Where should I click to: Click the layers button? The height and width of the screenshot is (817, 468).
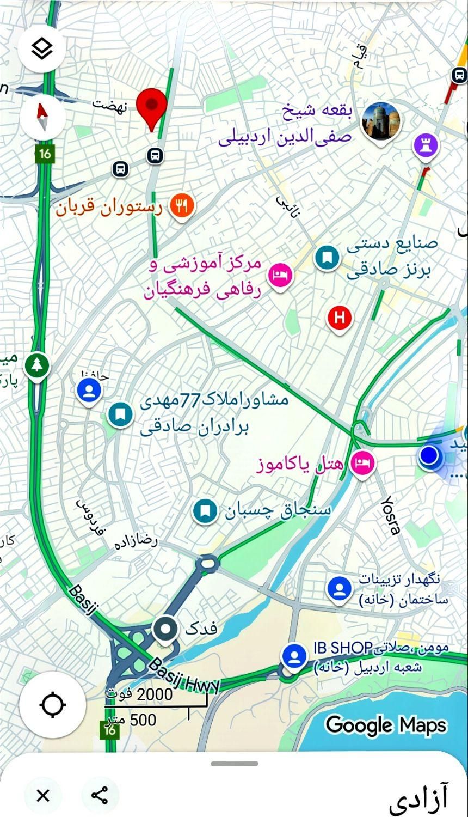click(42, 49)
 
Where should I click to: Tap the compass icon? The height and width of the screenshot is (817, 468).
click(42, 119)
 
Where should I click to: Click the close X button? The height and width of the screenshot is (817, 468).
click(42, 796)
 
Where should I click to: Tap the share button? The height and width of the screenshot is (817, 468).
click(100, 796)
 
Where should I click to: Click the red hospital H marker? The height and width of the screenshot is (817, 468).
click(340, 317)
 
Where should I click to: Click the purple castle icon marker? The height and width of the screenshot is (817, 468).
click(426, 146)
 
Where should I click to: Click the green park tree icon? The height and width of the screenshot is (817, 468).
click(36, 365)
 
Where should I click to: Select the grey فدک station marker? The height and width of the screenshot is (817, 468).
click(165, 630)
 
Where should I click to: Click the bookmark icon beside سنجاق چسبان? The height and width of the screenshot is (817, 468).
click(205, 511)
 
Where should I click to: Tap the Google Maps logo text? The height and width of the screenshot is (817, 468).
click(386, 725)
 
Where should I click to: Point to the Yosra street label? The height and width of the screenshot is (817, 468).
click(390, 515)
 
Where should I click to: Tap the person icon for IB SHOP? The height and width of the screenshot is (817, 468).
click(295, 655)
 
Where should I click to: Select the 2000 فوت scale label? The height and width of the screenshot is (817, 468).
click(139, 694)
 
